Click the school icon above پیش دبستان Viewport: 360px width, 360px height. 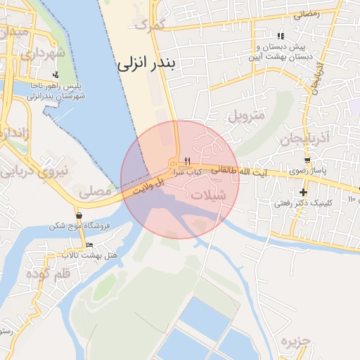[281, 36]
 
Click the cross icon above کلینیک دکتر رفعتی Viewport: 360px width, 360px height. [303, 192]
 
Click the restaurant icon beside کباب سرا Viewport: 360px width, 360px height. [187, 161]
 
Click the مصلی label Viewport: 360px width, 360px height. [95, 191]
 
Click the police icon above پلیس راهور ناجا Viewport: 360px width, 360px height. [56, 75]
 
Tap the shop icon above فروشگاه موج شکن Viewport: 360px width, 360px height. [78, 215]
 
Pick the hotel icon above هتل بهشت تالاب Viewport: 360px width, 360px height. [89, 245]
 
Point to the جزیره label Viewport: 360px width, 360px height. [295, 342]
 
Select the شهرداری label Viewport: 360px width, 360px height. [41, 53]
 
